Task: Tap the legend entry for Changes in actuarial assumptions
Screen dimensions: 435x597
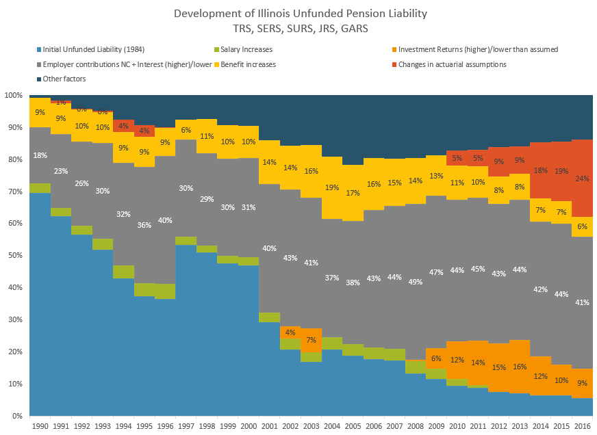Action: click(x=452, y=64)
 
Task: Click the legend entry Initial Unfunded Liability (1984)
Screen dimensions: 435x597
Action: click(x=93, y=49)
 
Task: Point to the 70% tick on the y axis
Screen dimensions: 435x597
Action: click(x=15, y=192)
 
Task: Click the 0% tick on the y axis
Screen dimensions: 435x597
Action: click(x=18, y=416)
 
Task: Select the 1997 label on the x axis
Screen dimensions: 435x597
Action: click(x=185, y=426)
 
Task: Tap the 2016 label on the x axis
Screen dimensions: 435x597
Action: click(x=583, y=426)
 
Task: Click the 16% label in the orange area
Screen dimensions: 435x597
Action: click(x=520, y=367)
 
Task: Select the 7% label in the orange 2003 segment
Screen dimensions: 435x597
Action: click(x=312, y=340)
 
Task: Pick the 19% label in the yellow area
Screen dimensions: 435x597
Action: click(x=332, y=187)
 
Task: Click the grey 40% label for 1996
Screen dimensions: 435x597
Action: click(x=166, y=220)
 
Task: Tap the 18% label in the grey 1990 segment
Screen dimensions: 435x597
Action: click(x=40, y=155)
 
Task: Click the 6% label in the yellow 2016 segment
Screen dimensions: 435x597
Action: click(x=583, y=227)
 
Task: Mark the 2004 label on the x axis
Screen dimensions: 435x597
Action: click(x=332, y=426)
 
